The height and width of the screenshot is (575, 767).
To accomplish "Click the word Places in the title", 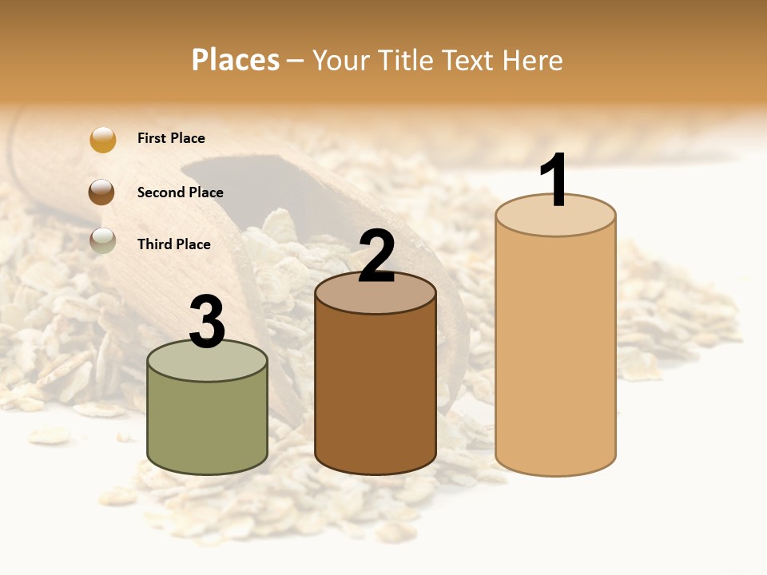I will (x=236, y=60).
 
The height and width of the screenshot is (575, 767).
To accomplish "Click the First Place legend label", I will (x=171, y=138).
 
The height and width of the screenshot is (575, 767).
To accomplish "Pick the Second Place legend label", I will (x=180, y=192).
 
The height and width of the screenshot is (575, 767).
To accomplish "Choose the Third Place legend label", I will (x=173, y=244).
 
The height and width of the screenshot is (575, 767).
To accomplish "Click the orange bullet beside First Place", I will (x=102, y=139).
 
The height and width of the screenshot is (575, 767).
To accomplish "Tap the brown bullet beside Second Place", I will (x=102, y=192).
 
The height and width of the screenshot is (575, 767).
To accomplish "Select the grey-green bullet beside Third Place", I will (x=102, y=240).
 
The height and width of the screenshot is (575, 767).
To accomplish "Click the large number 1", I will (x=554, y=180).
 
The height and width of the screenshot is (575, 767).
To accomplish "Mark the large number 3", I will (x=207, y=322).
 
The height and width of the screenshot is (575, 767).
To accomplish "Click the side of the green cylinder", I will (x=208, y=423).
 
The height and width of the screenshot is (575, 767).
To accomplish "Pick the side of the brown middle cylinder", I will (x=376, y=391).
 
